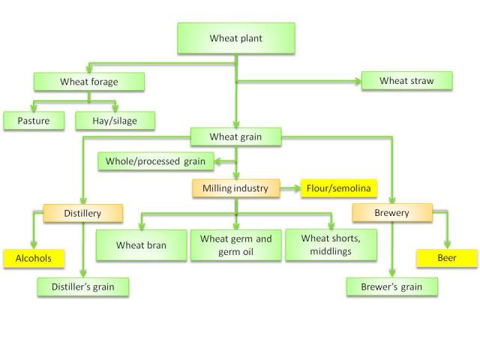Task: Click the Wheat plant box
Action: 236,38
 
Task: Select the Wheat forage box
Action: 89,81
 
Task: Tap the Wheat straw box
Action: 407,81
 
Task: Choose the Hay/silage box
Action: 115,120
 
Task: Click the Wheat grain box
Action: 235,136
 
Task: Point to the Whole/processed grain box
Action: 156,160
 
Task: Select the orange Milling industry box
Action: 235,188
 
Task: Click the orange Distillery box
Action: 82,214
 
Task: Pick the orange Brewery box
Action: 392,213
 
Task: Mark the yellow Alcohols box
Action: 34,259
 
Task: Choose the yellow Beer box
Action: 447,259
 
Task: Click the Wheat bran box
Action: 141,245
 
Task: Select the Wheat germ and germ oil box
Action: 235,245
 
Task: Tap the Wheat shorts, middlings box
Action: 330,245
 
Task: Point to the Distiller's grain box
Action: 83,286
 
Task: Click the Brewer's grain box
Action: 391,286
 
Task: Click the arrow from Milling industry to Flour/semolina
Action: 289,188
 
